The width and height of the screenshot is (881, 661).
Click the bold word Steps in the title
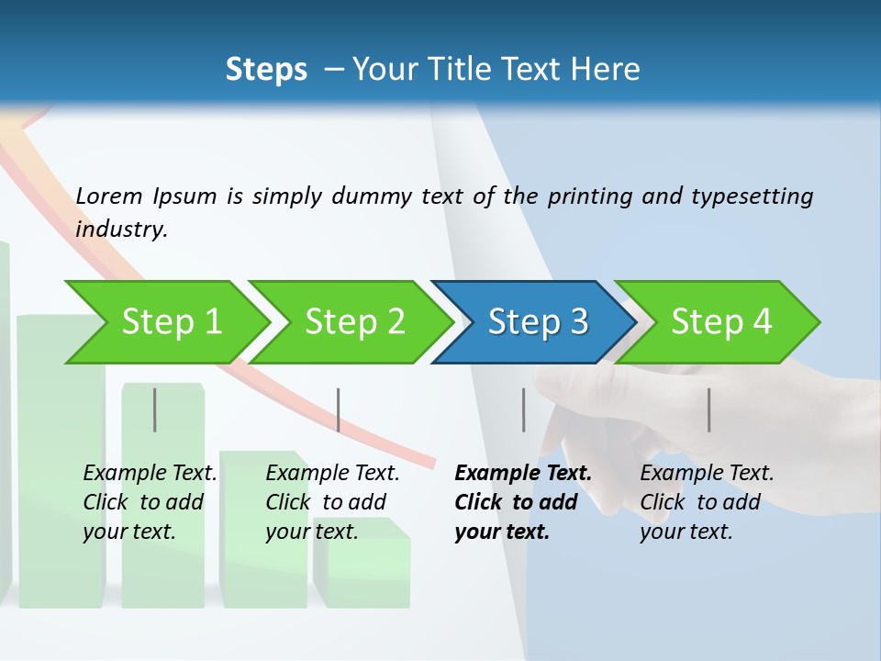point(266,70)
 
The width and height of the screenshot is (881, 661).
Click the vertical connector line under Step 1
point(155,409)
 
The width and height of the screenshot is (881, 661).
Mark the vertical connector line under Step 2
point(339,409)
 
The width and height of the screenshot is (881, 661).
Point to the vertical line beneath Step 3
point(524,409)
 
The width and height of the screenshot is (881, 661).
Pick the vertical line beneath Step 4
point(708,409)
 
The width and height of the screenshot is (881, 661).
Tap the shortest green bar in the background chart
point(367,569)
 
